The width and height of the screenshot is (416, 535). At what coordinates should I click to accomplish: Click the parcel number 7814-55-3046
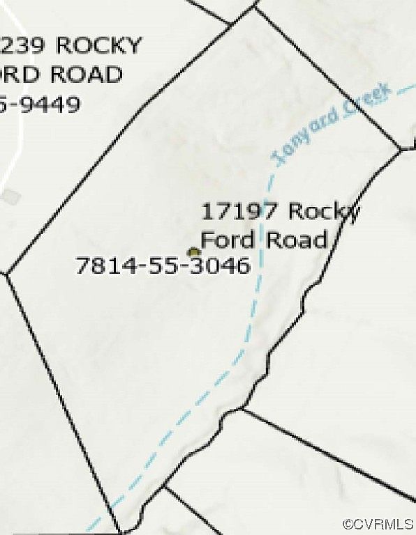point(162,265)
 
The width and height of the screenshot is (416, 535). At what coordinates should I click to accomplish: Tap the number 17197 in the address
point(241,210)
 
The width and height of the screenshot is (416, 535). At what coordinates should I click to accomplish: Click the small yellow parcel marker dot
point(193,252)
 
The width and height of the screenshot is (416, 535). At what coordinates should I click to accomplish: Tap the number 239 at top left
point(25,46)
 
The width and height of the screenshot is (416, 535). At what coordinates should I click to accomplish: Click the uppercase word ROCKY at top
point(98,46)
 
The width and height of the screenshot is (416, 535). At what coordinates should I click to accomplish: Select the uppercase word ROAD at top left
point(87,75)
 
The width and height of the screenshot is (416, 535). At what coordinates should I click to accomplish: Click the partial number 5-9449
point(40,104)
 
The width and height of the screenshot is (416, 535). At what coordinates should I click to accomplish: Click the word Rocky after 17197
point(324,210)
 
